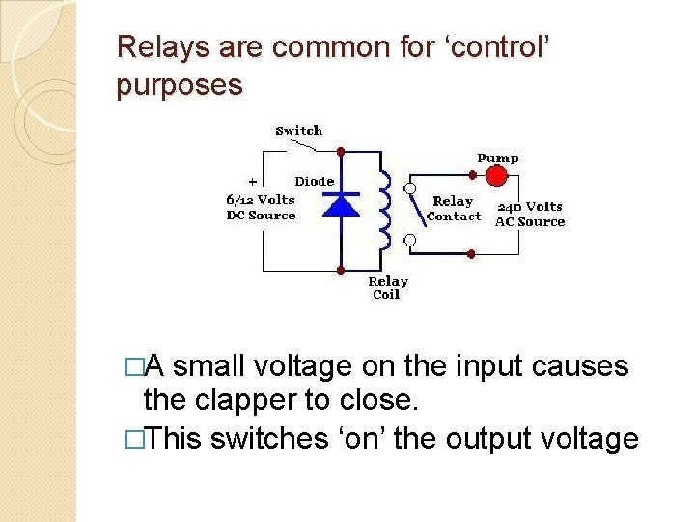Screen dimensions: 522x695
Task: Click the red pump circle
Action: [496, 175]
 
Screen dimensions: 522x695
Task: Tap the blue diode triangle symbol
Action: [341, 204]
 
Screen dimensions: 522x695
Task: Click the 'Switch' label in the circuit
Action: [299, 130]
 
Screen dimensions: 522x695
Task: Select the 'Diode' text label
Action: [315, 181]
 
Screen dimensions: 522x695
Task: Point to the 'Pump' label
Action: [497, 158]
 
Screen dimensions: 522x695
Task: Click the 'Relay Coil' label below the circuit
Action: [387, 288]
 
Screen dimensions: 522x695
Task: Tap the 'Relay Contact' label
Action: [453, 209]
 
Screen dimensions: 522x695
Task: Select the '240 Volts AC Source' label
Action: [529, 214]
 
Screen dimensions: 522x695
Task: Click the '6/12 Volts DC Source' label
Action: [261, 207]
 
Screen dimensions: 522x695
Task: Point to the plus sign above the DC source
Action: [253, 181]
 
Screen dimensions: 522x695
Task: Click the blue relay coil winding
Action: [384, 211]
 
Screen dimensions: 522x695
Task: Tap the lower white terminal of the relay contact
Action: [410, 239]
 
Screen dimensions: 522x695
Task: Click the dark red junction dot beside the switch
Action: [341, 152]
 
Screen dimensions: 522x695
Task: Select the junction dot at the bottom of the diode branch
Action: [341, 269]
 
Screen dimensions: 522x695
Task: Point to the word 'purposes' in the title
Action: [179, 85]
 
